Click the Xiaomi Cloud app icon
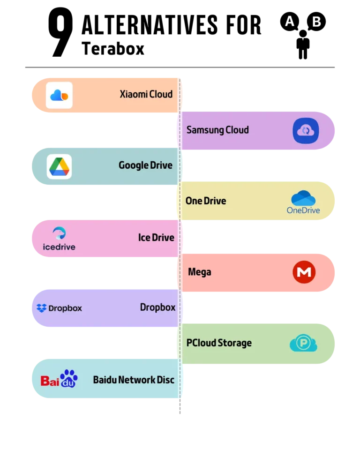(59, 95)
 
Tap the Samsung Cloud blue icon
(306, 131)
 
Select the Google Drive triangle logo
(59, 166)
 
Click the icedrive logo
(59, 238)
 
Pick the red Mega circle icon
(304, 272)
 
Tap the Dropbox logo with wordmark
(59, 308)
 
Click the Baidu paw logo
(59, 379)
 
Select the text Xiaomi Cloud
(146, 94)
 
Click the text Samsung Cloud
(217, 130)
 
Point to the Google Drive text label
(145, 165)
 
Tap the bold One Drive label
(206, 201)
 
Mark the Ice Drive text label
(156, 238)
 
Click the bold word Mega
(199, 272)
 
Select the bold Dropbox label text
(157, 307)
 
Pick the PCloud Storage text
(219, 343)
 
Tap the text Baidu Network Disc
(134, 380)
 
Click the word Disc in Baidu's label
(165, 380)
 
